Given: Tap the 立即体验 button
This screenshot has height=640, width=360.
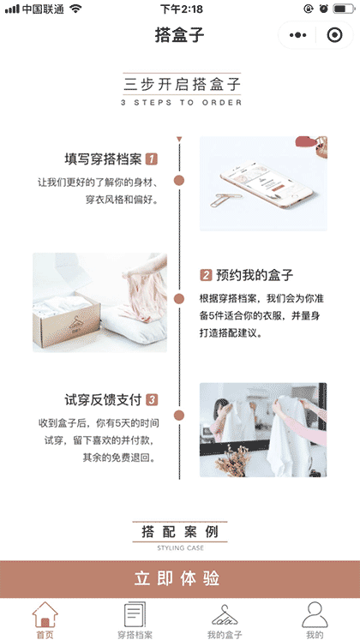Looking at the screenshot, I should [x=180, y=578].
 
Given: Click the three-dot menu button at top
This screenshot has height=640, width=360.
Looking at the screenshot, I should [x=297, y=35].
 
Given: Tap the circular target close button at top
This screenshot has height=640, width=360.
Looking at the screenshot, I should [x=333, y=35].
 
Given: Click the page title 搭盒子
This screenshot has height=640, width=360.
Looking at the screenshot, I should [x=180, y=35].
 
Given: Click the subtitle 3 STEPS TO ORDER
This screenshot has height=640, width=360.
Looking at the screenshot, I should [x=181, y=102].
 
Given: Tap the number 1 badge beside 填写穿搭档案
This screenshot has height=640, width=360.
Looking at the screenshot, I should [x=152, y=159].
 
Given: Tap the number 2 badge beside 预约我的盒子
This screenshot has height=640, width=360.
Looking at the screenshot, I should [x=206, y=275].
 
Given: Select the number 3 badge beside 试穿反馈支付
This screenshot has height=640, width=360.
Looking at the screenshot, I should [x=152, y=400].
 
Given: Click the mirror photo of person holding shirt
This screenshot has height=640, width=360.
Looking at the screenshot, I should [x=263, y=429].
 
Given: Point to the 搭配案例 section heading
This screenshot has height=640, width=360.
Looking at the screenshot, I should [x=180, y=532].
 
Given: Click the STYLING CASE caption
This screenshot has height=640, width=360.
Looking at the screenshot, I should [x=180, y=547].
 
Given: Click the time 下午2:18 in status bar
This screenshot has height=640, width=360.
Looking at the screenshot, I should [x=181, y=9].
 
